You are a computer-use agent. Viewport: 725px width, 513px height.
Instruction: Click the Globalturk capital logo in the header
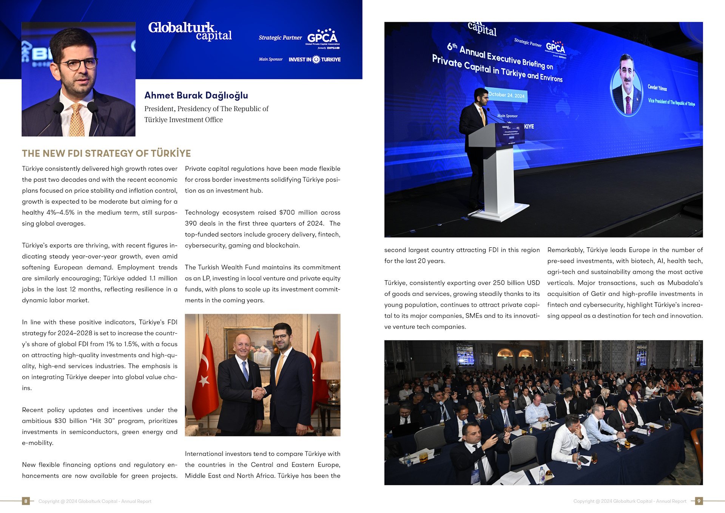click(x=190, y=31)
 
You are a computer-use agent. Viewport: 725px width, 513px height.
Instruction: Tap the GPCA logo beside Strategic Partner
click(x=322, y=37)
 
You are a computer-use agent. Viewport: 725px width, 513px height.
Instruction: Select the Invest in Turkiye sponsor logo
click(x=315, y=59)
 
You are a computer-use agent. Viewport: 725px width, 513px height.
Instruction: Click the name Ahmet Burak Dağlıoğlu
click(x=196, y=95)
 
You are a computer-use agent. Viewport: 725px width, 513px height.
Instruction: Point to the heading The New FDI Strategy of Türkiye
click(x=106, y=153)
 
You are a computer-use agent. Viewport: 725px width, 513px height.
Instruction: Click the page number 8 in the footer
click(x=26, y=501)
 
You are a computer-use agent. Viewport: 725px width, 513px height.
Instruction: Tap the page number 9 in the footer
click(x=699, y=501)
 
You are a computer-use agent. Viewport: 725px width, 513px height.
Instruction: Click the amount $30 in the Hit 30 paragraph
click(x=60, y=421)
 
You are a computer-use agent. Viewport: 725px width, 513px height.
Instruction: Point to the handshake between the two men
click(x=259, y=394)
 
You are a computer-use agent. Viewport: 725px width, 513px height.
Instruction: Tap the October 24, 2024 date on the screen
click(x=506, y=95)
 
